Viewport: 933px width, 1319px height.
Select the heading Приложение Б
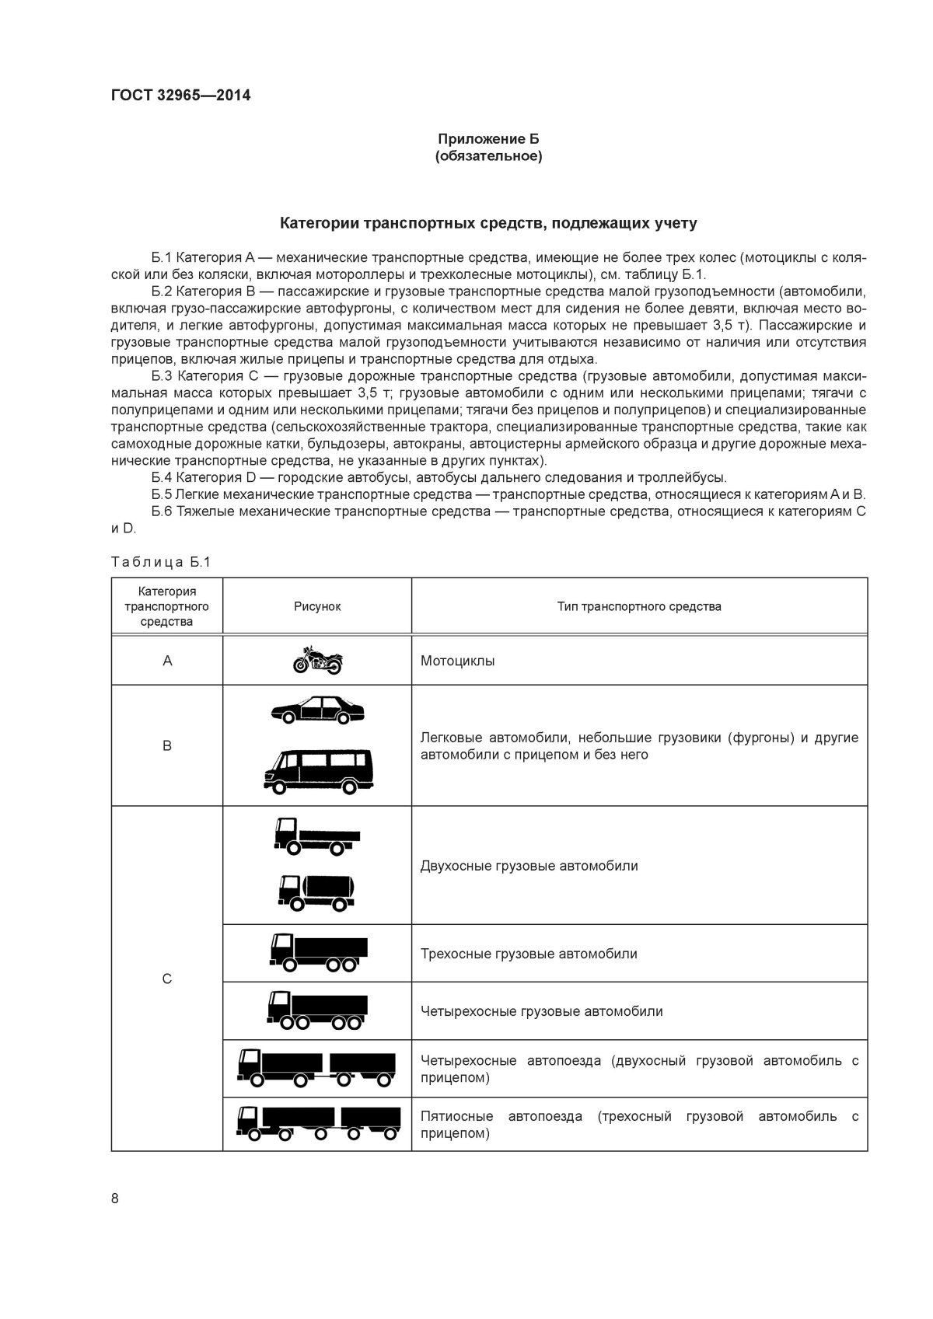488,139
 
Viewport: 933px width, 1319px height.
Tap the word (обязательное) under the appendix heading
488,156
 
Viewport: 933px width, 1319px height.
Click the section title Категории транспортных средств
488,224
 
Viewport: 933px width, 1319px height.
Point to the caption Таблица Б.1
160,562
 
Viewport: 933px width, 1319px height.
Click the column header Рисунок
316,606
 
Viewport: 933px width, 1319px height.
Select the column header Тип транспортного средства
639,606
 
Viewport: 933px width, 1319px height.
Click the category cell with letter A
167,661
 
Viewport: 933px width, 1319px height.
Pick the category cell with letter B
167,745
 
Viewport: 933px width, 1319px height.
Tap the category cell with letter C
167,979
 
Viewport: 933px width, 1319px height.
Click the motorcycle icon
317,661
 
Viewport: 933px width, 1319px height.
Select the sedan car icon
317,710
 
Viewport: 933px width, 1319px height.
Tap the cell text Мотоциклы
457,661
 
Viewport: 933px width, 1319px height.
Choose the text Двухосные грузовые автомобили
529,866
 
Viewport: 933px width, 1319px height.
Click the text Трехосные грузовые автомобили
529,954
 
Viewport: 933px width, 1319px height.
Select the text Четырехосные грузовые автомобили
541,1011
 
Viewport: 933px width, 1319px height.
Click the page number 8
115,1198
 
